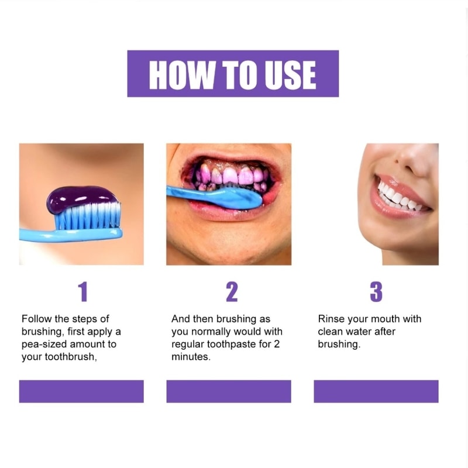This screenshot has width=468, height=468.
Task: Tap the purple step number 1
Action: (x=83, y=291)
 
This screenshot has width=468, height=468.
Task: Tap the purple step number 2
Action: (x=232, y=291)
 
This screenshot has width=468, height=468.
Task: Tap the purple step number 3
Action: (x=376, y=291)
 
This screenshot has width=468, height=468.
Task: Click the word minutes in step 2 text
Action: (x=191, y=357)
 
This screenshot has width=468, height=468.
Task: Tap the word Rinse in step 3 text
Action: (x=329, y=319)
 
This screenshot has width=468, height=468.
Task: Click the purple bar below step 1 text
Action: (x=81, y=391)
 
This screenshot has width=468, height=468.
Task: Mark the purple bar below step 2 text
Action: (x=229, y=391)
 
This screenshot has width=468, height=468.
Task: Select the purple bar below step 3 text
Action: (x=376, y=391)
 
